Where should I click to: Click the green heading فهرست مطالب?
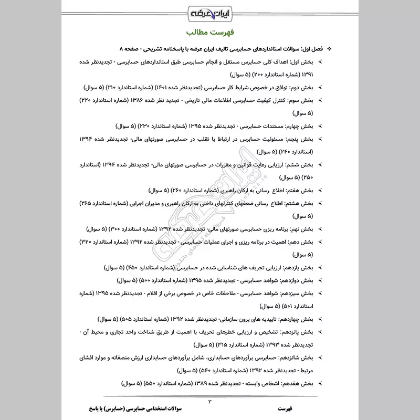(x=210, y=33)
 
